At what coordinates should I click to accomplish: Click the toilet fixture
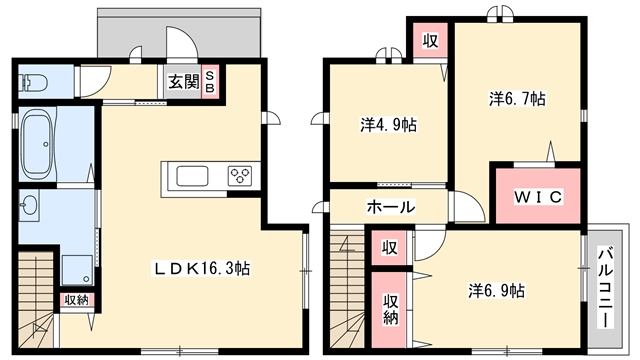tap(33, 83)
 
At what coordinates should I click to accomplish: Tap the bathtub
tap(38, 145)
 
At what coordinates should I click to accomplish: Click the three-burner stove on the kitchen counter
tap(240, 176)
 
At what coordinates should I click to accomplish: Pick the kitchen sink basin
tap(192, 176)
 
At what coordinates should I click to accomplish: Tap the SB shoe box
tap(209, 82)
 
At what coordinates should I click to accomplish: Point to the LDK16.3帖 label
tap(202, 268)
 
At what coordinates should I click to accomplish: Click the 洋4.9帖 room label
tap(389, 124)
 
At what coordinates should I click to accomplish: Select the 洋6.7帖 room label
tap(517, 98)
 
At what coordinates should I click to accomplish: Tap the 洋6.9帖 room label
tap(496, 290)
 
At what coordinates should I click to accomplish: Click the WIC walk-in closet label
tap(538, 197)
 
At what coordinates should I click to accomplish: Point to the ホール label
tap(391, 207)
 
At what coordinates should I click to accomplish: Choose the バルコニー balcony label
tap(605, 287)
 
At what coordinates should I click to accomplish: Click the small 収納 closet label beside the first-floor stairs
tap(77, 300)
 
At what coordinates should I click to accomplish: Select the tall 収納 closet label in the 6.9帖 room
tap(390, 309)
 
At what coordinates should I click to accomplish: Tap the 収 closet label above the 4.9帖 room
tap(430, 40)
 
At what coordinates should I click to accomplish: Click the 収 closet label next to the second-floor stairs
tap(389, 247)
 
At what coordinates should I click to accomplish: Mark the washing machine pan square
tap(77, 270)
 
